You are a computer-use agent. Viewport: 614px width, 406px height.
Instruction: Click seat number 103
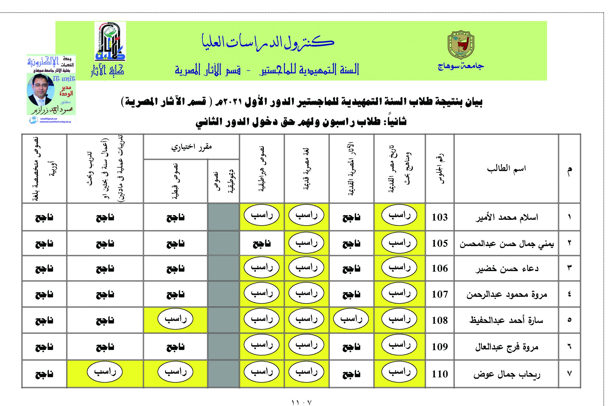coord(439,217)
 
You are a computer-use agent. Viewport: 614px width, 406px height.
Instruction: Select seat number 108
coord(439,320)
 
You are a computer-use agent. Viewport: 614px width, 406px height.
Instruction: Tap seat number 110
coord(439,374)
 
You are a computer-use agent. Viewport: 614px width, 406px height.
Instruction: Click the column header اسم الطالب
coord(506,169)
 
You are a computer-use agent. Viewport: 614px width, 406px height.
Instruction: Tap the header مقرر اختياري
coord(191,147)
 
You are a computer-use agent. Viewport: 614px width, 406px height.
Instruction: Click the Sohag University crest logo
coord(461,45)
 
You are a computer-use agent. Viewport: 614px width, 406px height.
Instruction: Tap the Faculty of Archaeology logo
coord(110,41)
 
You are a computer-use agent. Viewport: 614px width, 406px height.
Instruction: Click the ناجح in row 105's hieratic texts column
coord(261,244)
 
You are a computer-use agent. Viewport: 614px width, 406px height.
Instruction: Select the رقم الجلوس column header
coord(439,169)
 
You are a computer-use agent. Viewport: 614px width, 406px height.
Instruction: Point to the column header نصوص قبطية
coord(175,181)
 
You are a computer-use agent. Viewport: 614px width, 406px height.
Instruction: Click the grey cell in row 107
coord(223,294)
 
